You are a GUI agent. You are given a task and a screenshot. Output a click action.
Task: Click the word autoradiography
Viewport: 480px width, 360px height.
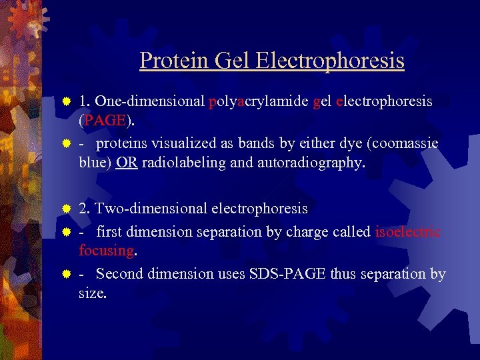[311, 163]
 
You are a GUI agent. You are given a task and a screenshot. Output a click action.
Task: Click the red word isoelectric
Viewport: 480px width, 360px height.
[408, 232]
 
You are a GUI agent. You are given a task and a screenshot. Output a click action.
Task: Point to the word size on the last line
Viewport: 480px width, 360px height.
[91, 292]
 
